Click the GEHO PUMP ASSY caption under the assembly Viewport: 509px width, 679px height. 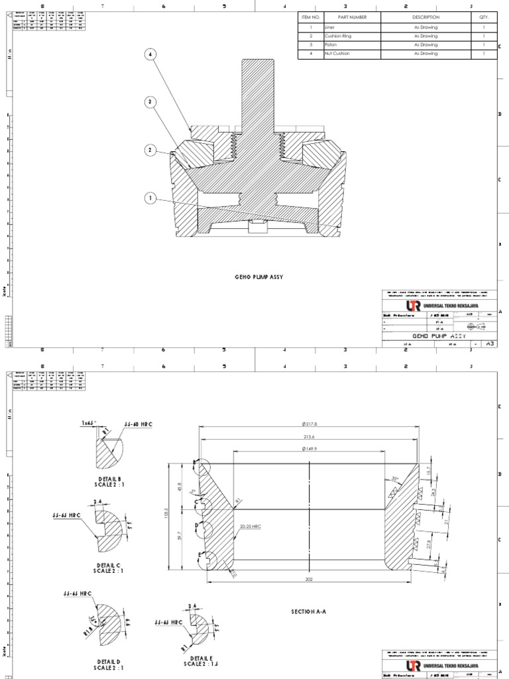[x=258, y=277]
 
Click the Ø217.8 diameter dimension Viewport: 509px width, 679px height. [x=310, y=423]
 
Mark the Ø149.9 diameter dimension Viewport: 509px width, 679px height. [x=310, y=448]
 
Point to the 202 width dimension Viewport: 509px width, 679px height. [x=310, y=578]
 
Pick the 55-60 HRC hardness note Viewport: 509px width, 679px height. [x=137, y=423]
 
